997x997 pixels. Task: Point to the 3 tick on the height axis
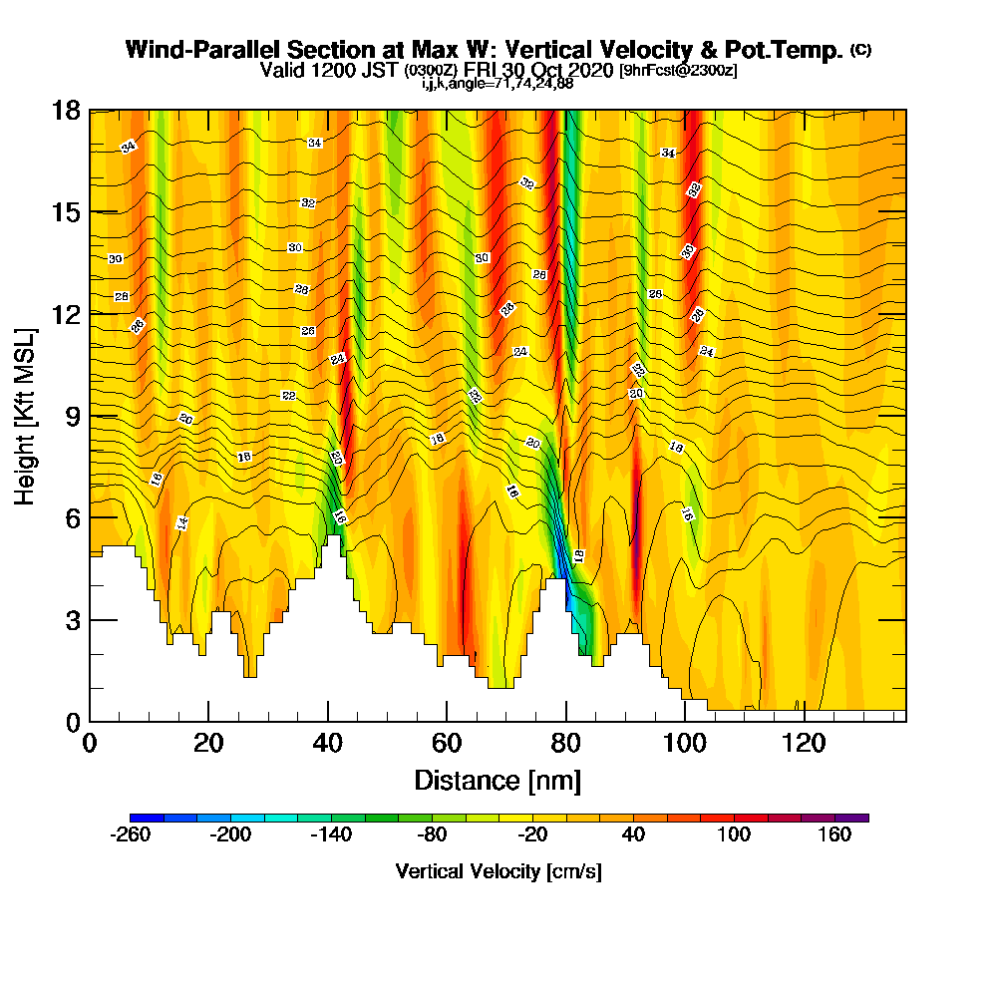pos(90,619)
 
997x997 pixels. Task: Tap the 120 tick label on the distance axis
pos(804,743)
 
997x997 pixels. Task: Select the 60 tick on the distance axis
pos(447,721)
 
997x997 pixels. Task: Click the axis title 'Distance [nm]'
pos(498,780)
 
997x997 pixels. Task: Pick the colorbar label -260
pos(131,835)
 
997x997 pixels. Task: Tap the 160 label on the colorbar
pos(835,835)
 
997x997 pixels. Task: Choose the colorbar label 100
pos(735,835)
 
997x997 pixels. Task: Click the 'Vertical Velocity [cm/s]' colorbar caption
pos(498,871)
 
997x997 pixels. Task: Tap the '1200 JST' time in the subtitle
pos(361,70)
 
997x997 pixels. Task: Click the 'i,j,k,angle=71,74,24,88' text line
pos(497,83)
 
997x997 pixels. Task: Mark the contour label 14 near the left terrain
pos(181,522)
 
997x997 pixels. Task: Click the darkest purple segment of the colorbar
pos(859,818)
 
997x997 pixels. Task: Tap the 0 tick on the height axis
pos(90,721)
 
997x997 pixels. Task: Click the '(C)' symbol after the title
pos(860,50)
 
